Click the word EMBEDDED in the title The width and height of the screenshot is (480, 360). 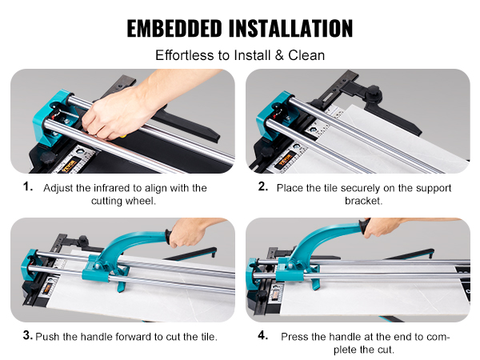[174, 29]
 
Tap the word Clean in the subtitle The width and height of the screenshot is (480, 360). [306, 55]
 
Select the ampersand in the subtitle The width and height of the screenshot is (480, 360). [279, 55]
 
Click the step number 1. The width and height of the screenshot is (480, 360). [28, 186]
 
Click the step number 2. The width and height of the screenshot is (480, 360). [263, 186]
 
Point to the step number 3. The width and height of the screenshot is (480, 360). [28, 335]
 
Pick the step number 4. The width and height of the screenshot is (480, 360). [263, 335]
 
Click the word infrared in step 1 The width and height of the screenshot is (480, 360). [114, 188]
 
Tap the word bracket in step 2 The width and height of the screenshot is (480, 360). [364, 201]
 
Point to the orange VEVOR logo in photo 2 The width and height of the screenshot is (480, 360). [285, 162]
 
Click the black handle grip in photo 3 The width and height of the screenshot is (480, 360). [167, 236]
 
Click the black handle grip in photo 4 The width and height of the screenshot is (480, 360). [366, 226]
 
